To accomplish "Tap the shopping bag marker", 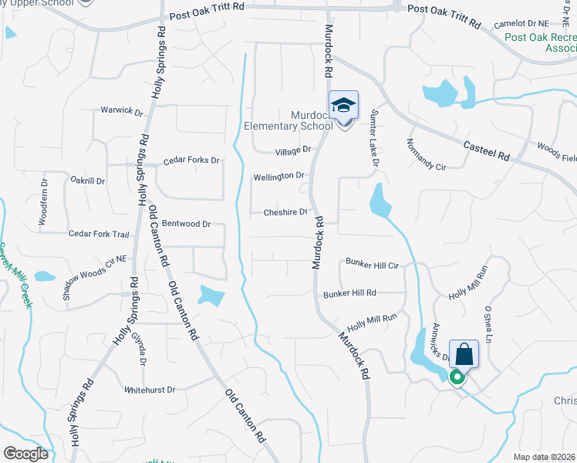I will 464,355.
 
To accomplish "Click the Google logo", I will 25,454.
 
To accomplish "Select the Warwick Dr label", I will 122,111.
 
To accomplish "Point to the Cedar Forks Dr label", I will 191,161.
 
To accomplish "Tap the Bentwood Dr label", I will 185,224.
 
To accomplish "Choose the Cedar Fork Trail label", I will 99,234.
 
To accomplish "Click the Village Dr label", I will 294,149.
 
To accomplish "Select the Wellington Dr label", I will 278,177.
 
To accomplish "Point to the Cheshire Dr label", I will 285,212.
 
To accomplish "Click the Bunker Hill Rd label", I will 349,293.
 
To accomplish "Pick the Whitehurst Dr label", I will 150,390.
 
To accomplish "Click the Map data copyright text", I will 544,457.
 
